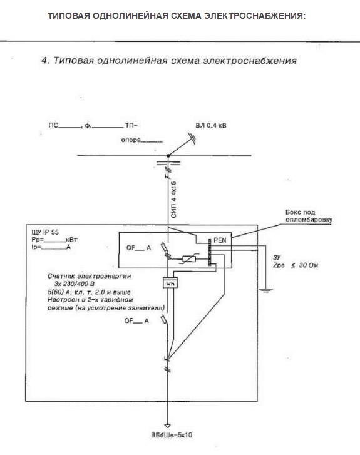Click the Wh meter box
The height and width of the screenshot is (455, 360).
170,284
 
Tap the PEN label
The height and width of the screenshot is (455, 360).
220,240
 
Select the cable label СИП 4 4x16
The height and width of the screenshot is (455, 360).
173,200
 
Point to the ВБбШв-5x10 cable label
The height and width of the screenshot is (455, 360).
172,435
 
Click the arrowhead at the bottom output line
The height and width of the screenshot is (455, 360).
167,426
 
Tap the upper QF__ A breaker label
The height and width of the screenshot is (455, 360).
139,248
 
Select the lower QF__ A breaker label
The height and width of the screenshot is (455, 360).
136,320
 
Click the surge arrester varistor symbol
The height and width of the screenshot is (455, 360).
189,258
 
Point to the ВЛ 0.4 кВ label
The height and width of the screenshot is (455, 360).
211,126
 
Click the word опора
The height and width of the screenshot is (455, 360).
131,140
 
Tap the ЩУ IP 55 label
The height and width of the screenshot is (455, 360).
45,232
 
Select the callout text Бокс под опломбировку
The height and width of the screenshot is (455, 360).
309,216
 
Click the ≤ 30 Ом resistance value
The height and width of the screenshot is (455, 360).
304,265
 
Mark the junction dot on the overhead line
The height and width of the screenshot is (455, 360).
168,156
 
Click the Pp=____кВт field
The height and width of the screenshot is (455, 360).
54,240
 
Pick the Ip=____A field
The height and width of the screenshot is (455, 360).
51,247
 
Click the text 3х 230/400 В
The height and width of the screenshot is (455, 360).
75,284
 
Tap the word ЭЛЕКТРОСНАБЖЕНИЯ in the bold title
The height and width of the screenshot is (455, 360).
255,16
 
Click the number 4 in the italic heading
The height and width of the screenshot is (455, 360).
44,60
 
